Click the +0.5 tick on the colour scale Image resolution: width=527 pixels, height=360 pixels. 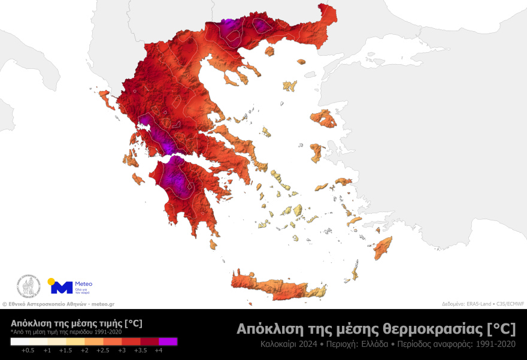[x=28, y=350]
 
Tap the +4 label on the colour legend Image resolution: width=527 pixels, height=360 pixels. [x=159, y=350]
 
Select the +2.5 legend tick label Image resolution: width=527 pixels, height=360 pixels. [x=103, y=350]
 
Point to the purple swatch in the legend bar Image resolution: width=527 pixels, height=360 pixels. [x=168, y=341]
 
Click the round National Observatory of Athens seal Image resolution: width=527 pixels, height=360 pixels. [x=28, y=286]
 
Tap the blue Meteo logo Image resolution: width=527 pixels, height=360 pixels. [x=62, y=287]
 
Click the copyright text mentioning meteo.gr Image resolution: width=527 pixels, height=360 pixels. [x=59, y=304]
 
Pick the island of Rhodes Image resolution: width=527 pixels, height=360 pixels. [x=382, y=247]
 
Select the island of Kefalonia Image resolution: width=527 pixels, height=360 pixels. [x=130, y=159]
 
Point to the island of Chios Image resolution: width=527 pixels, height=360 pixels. [x=317, y=153]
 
